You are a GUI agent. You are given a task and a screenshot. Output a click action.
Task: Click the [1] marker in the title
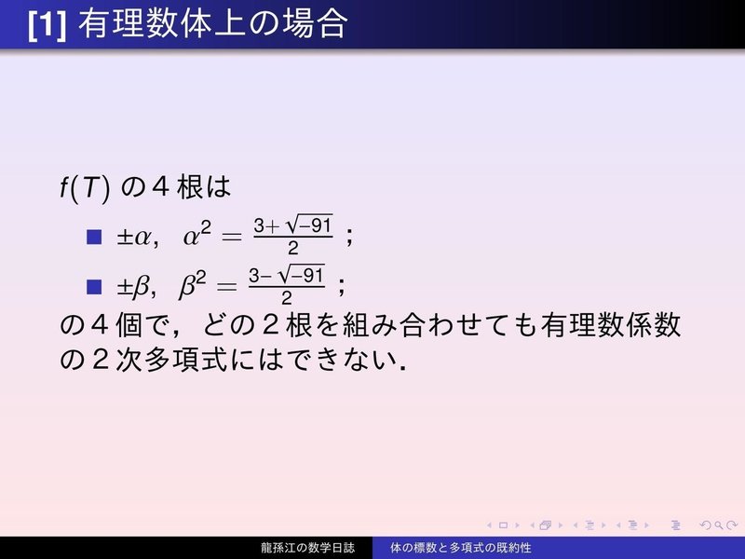(x=47, y=23)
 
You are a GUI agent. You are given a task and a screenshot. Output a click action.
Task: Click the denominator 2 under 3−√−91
(x=287, y=298)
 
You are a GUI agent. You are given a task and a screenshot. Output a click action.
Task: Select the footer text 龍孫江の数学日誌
(x=307, y=548)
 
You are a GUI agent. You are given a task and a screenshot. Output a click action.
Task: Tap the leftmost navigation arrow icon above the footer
(x=478, y=525)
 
